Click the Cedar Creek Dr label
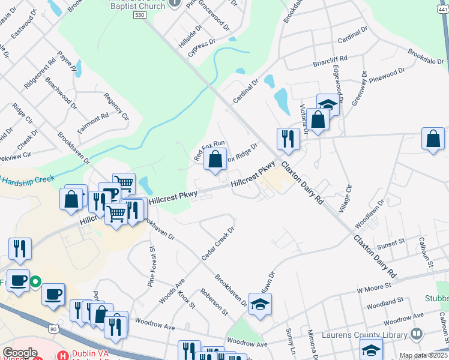[x=217, y=243]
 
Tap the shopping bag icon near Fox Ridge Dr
[x=215, y=160]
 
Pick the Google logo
[x=20, y=353]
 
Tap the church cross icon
[x=175, y=3]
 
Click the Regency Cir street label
[x=116, y=106]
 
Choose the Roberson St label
[x=214, y=302]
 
